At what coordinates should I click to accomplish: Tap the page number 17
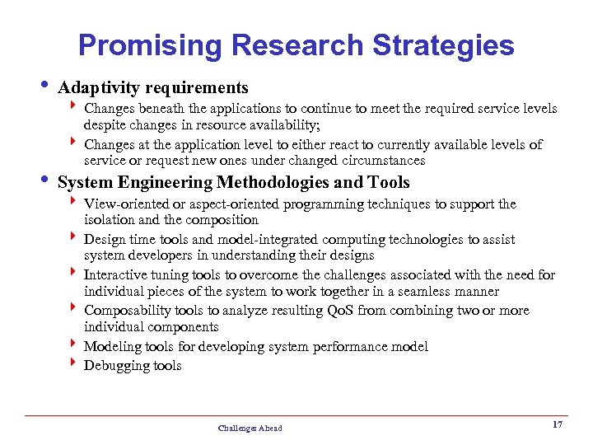(557, 424)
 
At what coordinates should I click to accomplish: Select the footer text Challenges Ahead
(250, 428)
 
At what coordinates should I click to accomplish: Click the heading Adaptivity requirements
(153, 87)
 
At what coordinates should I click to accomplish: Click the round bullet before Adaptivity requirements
(44, 87)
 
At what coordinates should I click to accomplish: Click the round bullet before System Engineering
(44, 180)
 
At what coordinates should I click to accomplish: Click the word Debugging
(115, 365)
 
